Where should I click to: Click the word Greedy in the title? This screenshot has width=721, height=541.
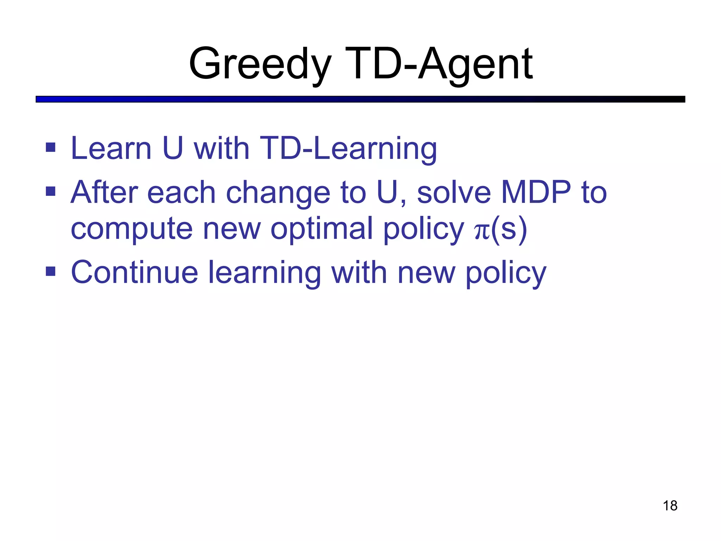pos(260,64)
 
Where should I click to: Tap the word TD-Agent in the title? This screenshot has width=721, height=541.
pos(439,64)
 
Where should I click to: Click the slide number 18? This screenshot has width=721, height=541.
pos(670,506)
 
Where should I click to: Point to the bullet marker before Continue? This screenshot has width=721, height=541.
pos(51,271)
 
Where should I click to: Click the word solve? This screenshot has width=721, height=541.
pos(454,192)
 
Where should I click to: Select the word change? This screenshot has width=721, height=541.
pos(278,193)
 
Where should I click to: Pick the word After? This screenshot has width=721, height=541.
pos(105,192)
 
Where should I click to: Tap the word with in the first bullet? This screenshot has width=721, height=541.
pos(221,149)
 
